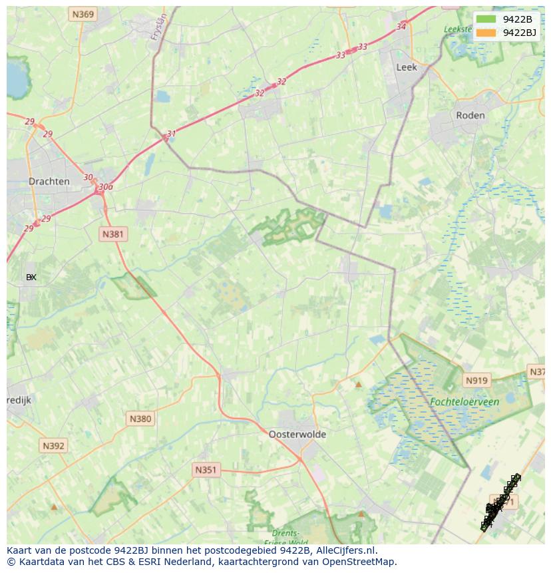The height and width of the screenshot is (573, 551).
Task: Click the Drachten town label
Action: (x=49, y=181)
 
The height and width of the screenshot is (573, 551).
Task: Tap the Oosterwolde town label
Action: (x=297, y=434)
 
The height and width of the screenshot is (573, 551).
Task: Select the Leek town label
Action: (x=406, y=67)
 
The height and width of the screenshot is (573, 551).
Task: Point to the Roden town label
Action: (x=470, y=115)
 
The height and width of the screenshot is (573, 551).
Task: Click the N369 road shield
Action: (x=84, y=14)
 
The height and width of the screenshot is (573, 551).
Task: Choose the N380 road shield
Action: (x=140, y=419)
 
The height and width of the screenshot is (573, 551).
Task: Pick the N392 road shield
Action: (x=53, y=445)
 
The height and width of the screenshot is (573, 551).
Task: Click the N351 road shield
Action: (x=206, y=470)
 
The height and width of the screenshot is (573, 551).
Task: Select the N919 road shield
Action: (x=476, y=381)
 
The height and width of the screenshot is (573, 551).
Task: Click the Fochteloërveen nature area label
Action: (x=464, y=402)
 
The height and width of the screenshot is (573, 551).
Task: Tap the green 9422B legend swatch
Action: (x=486, y=19)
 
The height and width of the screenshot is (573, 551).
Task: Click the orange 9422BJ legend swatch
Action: (x=486, y=33)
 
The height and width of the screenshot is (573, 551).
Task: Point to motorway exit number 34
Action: (x=401, y=27)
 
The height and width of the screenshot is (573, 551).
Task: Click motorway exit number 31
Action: (x=171, y=134)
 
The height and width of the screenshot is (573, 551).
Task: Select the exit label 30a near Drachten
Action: (x=105, y=187)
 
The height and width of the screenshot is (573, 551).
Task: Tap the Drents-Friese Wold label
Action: (x=286, y=537)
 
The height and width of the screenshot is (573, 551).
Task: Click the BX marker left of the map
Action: (x=31, y=277)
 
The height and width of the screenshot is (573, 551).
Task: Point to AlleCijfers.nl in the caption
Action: (x=346, y=550)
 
